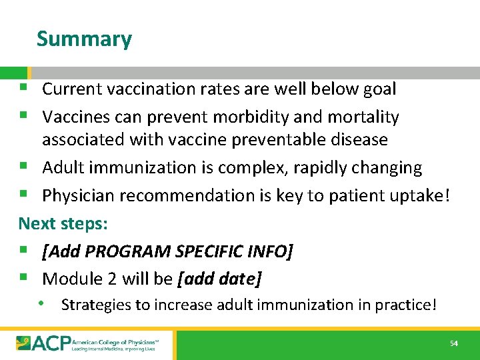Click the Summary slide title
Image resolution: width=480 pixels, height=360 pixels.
pos(84,39)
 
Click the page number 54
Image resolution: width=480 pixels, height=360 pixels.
pos(454,343)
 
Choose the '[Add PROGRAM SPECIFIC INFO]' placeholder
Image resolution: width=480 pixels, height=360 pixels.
pos(167,251)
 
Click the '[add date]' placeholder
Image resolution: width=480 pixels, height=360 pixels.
pos(220,279)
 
